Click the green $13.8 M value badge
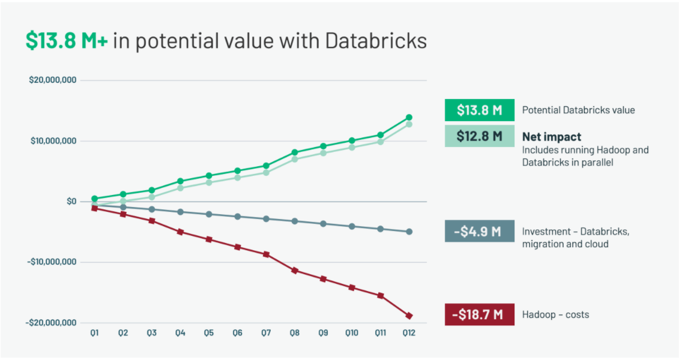tap(479, 110)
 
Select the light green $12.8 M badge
tap(479, 136)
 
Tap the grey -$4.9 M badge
tap(479, 231)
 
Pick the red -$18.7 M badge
tap(479, 314)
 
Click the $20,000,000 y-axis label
tap(52, 80)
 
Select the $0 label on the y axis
tap(71, 202)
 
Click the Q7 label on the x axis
tap(266, 333)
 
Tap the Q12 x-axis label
tap(409, 333)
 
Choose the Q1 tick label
tap(94, 333)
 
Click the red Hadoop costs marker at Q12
tap(409, 316)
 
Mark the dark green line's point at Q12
tap(409, 118)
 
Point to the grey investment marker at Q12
tap(409, 232)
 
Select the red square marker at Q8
tap(294, 271)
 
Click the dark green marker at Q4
tap(180, 181)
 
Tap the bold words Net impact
tap(551, 137)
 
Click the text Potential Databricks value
tap(578, 110)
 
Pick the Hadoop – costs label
tap(555, 314)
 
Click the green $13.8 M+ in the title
tap(67, 41)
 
